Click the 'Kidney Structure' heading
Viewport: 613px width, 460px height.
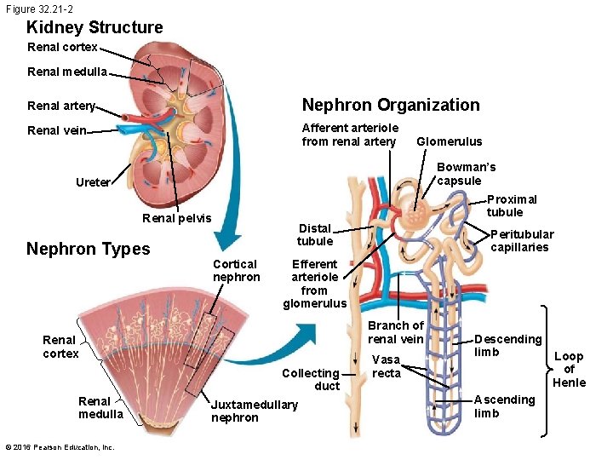95,27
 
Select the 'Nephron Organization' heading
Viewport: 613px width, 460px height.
391,105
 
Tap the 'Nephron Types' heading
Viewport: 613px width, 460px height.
88,249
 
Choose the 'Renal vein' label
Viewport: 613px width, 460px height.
57,130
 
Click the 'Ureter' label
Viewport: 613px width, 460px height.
93,182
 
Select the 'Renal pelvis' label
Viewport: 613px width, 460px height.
176,218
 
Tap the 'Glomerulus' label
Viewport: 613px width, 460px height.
449,141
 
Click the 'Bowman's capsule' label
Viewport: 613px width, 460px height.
466,174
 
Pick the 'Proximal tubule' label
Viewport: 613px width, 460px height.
512,205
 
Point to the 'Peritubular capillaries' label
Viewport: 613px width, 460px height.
522,240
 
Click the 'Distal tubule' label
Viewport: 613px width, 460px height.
314,234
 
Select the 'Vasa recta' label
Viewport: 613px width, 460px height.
386,367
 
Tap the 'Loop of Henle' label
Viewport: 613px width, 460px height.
569,369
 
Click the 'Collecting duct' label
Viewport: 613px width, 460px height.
311,379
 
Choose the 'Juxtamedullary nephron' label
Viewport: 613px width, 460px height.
254,411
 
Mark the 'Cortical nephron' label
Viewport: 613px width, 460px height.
236,271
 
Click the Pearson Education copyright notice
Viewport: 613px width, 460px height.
60,447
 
